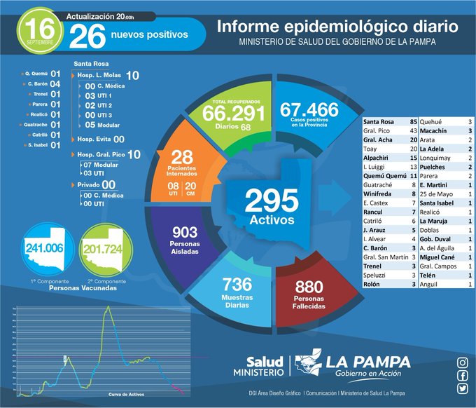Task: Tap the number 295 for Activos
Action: [272, 202]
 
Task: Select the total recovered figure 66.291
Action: [234, 113]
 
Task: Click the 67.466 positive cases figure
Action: [308, 110]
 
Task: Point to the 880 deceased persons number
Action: [309, 286]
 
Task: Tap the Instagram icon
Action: [462, 362]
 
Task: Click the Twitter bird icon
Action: [462, 388]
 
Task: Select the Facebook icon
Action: [462, 376]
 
